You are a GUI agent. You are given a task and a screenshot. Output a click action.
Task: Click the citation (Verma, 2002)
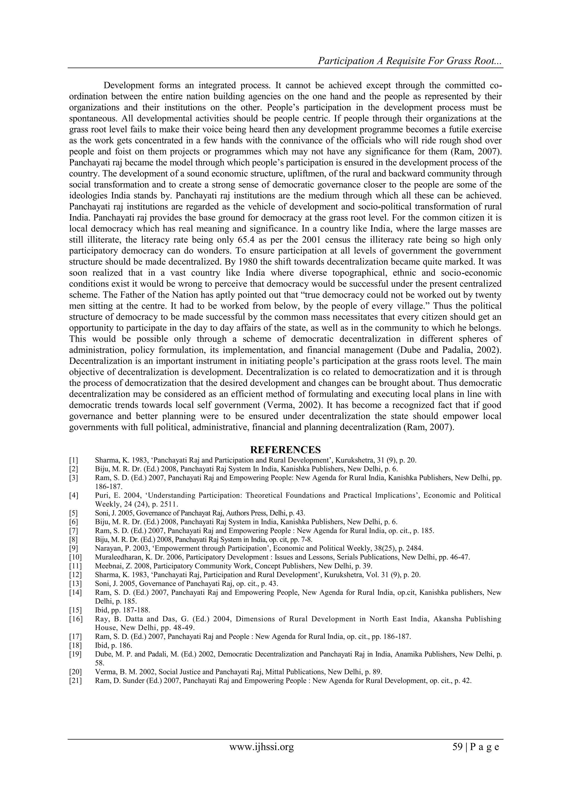(x=292, y=405)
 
